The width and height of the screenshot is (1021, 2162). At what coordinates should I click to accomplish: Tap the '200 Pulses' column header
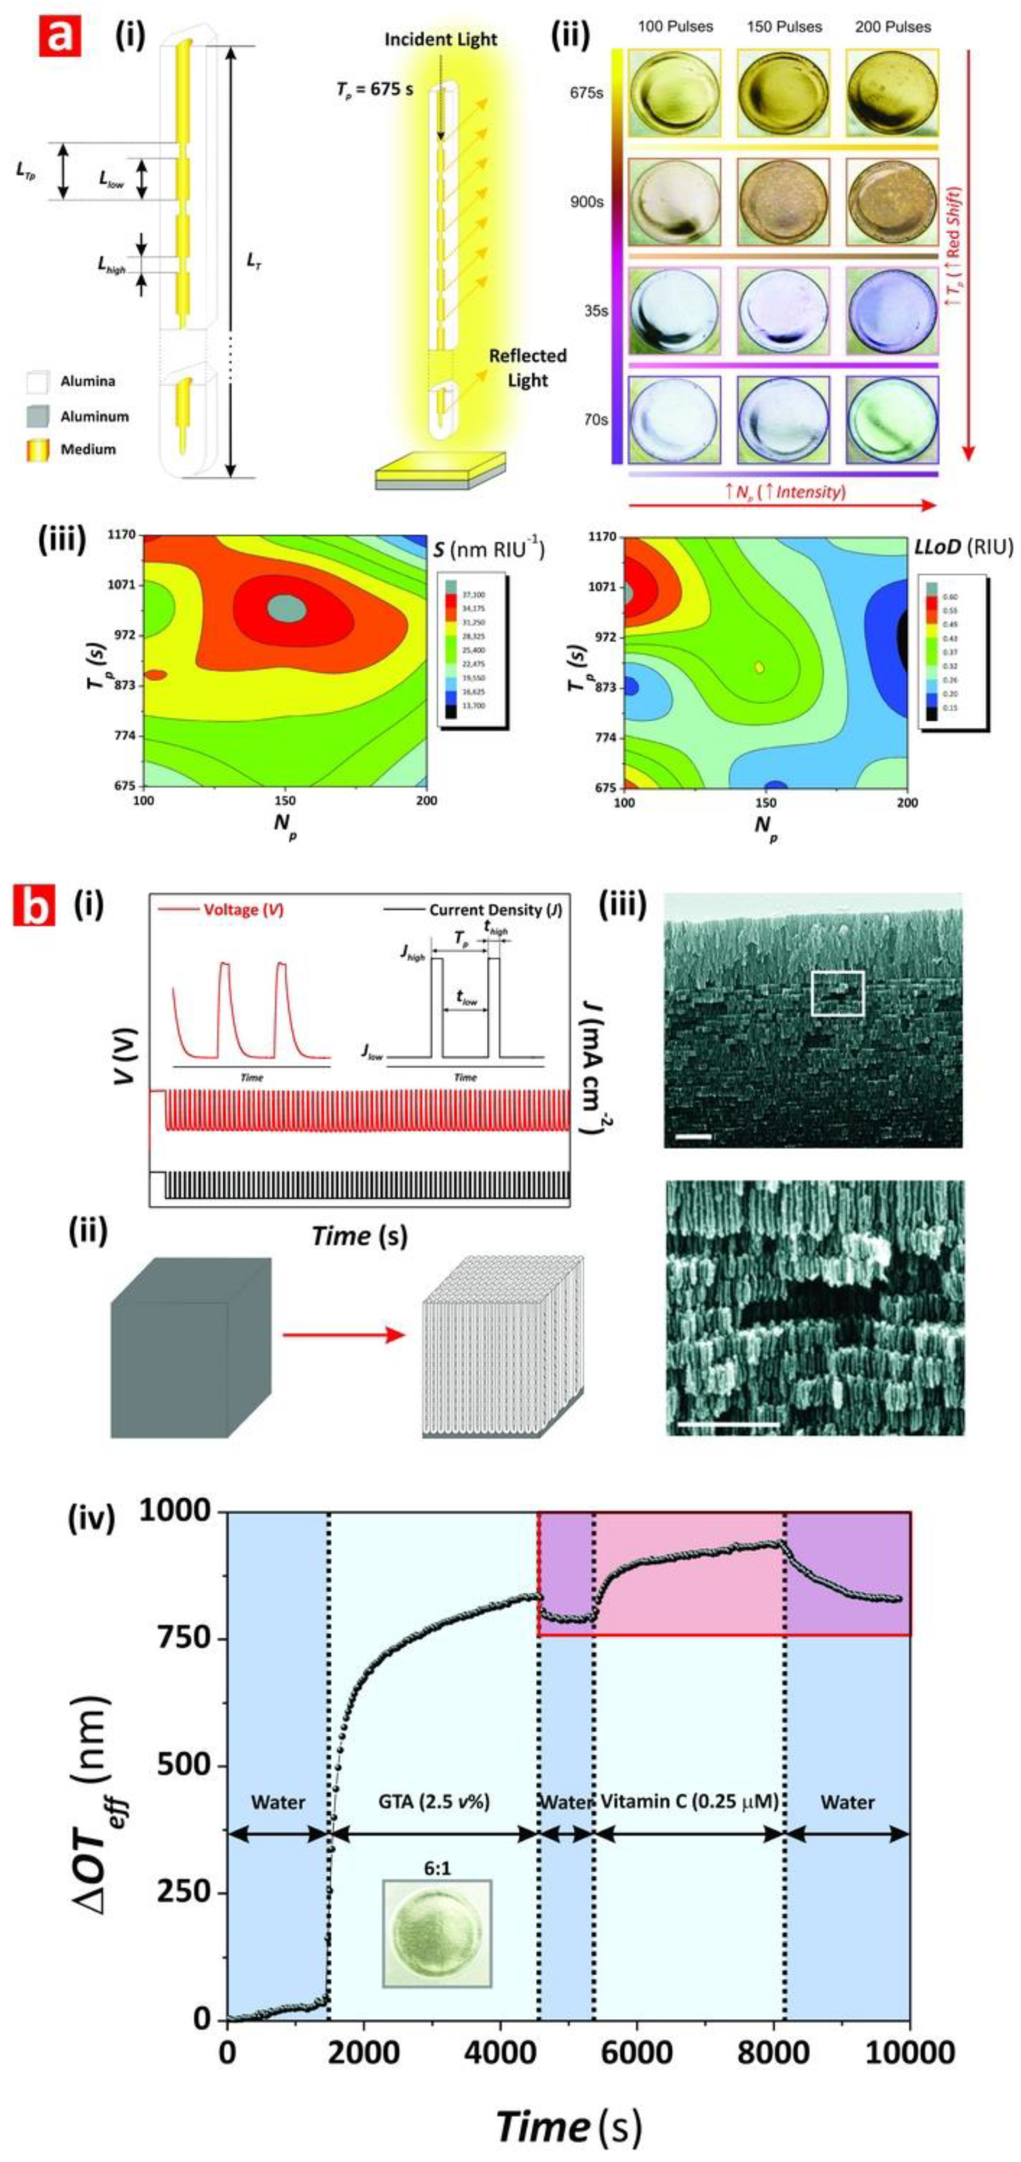coord(892,27)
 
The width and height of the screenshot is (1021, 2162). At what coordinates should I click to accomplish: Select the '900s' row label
coord(586,202)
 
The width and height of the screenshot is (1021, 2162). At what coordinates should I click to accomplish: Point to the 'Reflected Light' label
coord(527,367)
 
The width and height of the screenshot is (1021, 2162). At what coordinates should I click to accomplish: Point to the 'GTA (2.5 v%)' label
coord(433,1802)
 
